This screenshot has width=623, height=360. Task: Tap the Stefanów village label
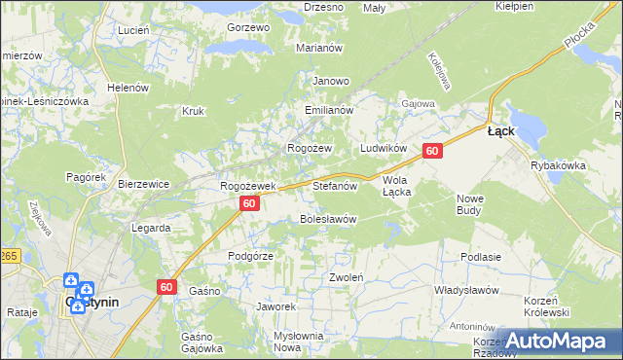(x=336, y=185)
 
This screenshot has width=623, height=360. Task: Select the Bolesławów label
(x=327, y=219)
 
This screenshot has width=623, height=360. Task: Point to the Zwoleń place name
(x=346, y=277)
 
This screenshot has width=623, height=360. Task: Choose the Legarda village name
(x=151, y=228)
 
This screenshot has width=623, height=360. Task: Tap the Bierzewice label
(x=143, y=184)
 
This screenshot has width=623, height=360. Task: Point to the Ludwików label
(x=383, y=147)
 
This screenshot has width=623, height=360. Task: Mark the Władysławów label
(x=466, y=291)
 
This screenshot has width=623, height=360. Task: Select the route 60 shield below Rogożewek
(x=250, y=203)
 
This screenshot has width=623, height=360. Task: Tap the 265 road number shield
(x=8, y=255)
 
